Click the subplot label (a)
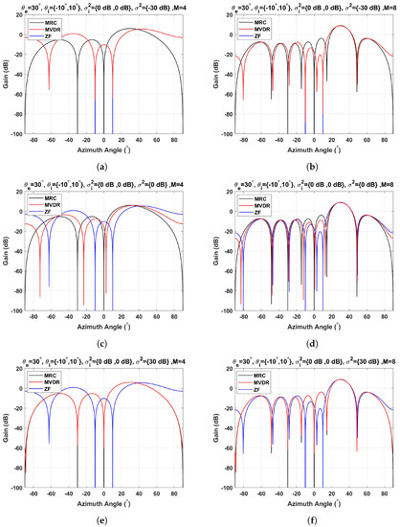point(105,165)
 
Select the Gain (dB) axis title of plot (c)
point(9,258)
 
